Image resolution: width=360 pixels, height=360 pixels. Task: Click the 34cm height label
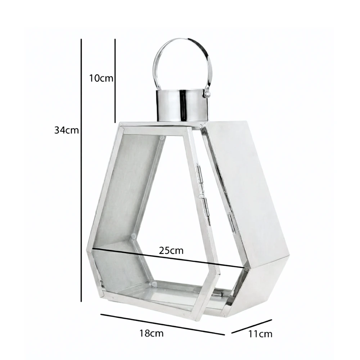[x=66, y=130]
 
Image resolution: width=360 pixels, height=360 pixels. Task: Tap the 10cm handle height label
[x=101, y=78]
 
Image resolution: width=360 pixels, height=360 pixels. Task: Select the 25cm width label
[x=171, y=251]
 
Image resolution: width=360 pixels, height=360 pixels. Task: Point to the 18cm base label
[x=152, y=333]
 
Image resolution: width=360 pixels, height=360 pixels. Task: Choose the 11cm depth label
[x=260, y=334]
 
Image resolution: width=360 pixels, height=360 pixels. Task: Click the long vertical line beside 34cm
[x=81, y=170]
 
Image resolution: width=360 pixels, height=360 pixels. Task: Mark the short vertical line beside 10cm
[x=115, y=81]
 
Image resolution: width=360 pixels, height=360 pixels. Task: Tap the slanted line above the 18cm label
[x=163, y=324]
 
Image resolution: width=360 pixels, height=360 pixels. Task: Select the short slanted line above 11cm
[x=252, y=326]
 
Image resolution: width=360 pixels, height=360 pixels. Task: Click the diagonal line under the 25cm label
[x=168, y=258]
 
